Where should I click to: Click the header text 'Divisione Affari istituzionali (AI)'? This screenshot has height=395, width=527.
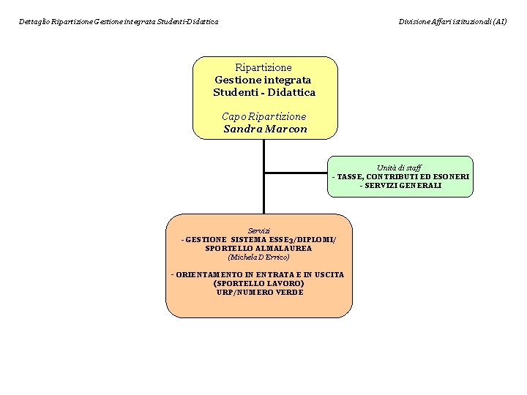pos(452,22)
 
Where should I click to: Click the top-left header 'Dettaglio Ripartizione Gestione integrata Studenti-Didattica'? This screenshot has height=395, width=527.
pos(119,22)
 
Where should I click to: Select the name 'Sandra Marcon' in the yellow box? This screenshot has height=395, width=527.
pos(265,129)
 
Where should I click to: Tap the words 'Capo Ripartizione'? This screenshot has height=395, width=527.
pos(263,116)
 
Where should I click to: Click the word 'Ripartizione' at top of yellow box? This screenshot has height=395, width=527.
pos(263,67)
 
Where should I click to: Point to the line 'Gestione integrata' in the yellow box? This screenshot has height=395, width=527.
pos(263,80)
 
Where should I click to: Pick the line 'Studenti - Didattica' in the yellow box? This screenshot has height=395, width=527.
pos(264,92)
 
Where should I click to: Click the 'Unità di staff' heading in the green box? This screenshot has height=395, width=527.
pos(399,168)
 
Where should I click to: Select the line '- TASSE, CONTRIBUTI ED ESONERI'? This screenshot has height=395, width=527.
pos(400,177)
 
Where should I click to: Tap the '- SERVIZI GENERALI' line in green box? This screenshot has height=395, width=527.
pos(400,186)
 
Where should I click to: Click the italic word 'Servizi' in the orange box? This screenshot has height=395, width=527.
pos(258,230)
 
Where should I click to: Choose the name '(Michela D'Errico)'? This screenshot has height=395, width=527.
pos(258,257)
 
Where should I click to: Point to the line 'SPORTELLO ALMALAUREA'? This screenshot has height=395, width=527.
pos(258,248)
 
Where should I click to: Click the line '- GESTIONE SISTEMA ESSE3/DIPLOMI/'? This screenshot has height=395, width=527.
pos(258,239)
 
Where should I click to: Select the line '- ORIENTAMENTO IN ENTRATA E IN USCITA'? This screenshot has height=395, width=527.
pos(258,274)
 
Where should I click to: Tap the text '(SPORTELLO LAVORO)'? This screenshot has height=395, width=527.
pos(258,283)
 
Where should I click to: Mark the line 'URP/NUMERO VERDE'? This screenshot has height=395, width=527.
pos(259,292)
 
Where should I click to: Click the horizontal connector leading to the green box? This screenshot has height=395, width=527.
pos(296,173)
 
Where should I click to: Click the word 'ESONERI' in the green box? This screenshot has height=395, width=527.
pos(451,177)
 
